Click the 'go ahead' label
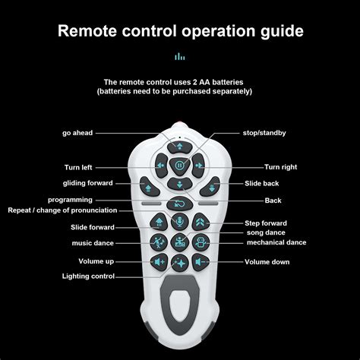77,133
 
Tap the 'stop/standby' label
264,133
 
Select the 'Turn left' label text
78,167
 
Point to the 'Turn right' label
280,166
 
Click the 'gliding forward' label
87,183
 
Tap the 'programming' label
91,200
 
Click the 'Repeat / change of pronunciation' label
62,210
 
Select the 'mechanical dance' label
276,242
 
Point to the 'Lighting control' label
88,276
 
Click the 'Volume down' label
267,262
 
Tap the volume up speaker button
159,262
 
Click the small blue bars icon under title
180,56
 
